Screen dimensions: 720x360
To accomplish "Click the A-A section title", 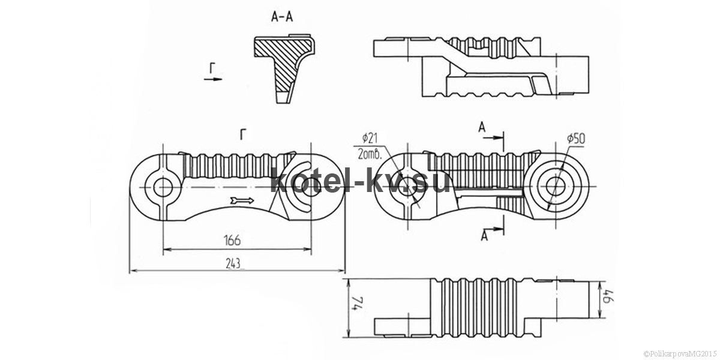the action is [282, 17].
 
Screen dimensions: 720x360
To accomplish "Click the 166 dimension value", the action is [232, 240].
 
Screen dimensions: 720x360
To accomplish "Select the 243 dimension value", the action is [233, 264].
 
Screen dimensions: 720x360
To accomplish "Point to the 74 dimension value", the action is [359, 304].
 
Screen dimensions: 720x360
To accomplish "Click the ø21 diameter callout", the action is [370, 139].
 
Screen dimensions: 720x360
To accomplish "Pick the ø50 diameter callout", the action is [576, 139].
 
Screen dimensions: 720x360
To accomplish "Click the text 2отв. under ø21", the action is [370, 155].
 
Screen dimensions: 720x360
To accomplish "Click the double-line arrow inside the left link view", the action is [242, 201].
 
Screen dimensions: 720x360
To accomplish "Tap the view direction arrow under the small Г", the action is [213, 79].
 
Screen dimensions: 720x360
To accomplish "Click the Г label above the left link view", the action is [244, 135].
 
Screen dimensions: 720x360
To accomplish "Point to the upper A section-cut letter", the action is [481, 128].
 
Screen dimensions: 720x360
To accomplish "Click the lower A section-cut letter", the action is [484, 236].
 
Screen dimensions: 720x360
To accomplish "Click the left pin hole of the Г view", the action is [163, 187].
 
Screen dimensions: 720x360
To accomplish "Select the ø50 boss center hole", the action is [556, 187].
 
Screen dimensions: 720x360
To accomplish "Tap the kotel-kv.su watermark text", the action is [359, 182].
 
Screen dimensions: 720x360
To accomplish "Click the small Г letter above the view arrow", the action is [212, 68].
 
